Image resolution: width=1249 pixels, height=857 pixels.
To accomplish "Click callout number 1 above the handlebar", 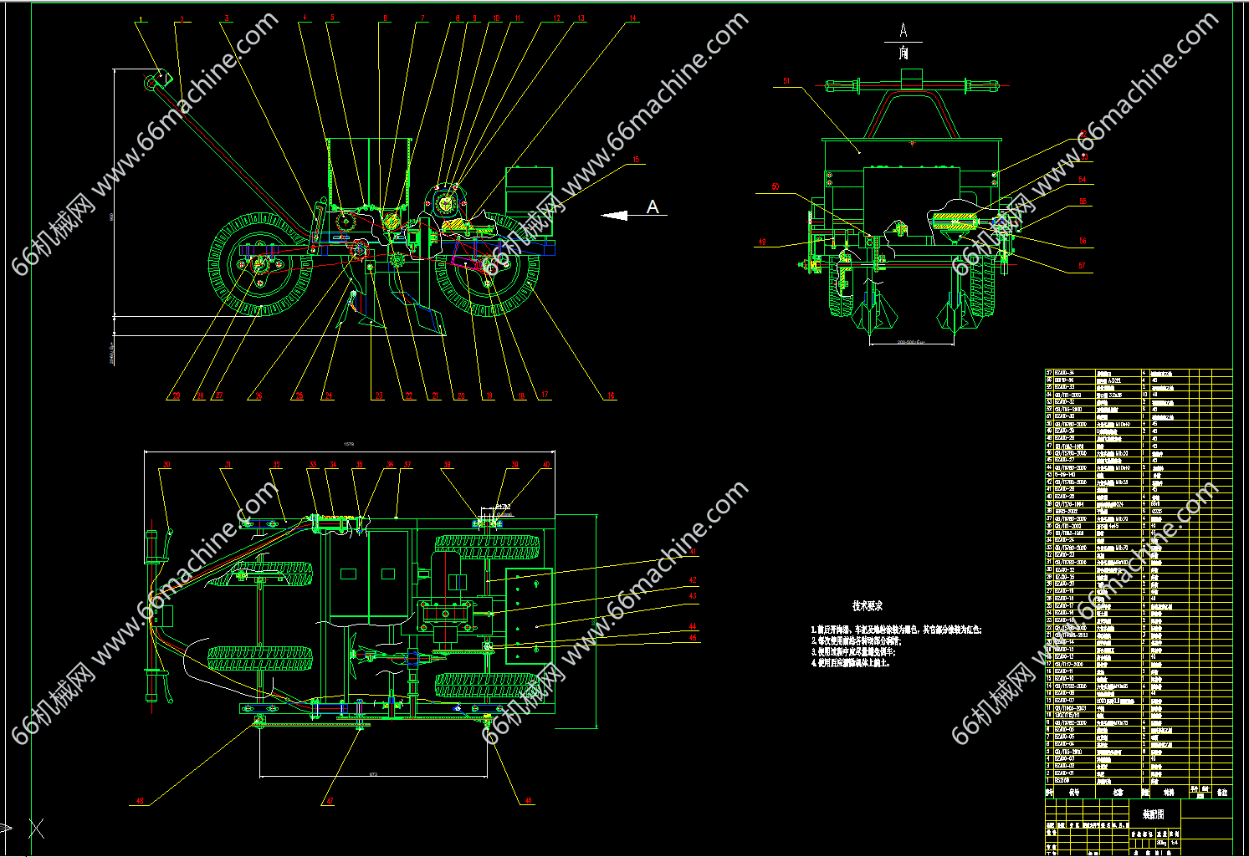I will [141, 19].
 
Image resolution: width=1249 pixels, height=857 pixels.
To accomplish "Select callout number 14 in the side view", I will [632, 18].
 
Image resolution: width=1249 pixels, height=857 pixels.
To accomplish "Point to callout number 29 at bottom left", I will [176, 395].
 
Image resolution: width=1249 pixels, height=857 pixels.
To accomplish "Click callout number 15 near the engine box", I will [636, 160].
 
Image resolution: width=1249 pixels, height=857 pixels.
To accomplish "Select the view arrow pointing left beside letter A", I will [615, 216].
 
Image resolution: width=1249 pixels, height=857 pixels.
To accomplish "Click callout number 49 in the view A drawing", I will [762, 242].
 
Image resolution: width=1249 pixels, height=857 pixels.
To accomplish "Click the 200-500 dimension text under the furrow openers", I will [910, 342].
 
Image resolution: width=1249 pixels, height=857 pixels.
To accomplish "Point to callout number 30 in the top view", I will [166, 465].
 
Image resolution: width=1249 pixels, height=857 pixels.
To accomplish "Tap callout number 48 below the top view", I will [528, 800].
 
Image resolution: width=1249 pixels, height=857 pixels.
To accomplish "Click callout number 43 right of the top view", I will [692, 596].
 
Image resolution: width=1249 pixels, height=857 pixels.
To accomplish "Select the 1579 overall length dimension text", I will [349, 445].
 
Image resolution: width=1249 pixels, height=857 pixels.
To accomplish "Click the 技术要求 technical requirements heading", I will [867, 605].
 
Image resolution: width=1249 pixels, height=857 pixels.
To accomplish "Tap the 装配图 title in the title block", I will [1154, 813].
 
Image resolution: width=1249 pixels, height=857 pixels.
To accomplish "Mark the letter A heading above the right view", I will [903, 31].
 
